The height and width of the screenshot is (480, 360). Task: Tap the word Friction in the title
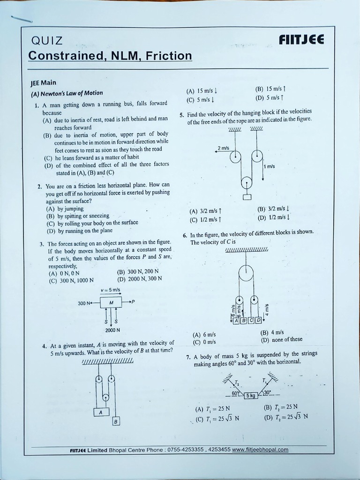[169, 56]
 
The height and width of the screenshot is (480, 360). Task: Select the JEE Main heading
[43, 82]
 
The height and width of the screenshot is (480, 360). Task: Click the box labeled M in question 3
[111, 302]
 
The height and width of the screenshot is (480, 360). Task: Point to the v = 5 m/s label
[111, 290]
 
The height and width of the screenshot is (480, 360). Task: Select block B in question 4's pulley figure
[116, 421]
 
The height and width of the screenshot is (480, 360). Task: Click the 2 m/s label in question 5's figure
[224, 148]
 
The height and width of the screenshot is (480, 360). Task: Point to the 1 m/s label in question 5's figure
[270, 166]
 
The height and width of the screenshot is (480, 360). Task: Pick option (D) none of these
[281, 339]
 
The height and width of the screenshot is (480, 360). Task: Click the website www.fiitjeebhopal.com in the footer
[260, 450]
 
